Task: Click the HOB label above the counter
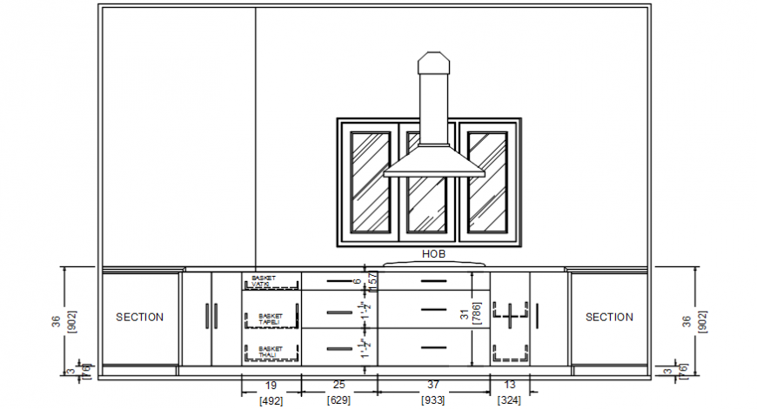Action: (432, 254)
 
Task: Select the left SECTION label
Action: (139, 318)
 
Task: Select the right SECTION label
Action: (609, 318)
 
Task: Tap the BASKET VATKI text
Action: (263, 281)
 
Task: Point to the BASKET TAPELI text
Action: (271, 319)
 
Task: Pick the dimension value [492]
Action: (271, 401)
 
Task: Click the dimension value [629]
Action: (339, 401)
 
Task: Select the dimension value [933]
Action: (433, 401)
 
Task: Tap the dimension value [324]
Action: (510, 401)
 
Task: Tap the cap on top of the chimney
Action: (433, 63)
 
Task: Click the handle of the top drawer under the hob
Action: (433, 281)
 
